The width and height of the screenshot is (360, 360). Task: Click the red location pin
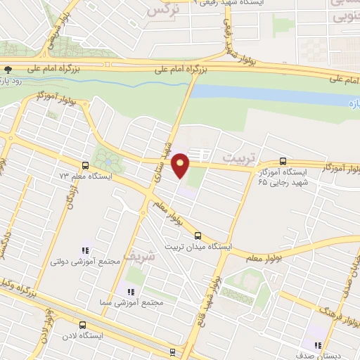[181, 164]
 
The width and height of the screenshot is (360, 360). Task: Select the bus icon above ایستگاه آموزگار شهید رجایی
[283, 160]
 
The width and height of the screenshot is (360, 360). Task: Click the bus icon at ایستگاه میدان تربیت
[198, 236]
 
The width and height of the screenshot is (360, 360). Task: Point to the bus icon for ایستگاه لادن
[83, 325]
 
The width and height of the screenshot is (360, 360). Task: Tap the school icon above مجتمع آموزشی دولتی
[86, 250]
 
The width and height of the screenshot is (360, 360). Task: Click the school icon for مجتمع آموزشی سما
[129, 291]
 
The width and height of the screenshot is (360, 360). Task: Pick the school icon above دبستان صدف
[318, 345]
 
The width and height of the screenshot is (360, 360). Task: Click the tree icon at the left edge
[8, 70]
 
